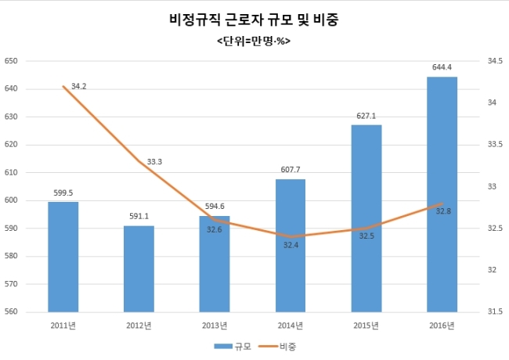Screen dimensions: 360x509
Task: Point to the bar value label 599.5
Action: (x=63, y=193)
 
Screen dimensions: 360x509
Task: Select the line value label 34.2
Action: (x=78, y=86)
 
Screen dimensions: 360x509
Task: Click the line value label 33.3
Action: (x=154, y=162)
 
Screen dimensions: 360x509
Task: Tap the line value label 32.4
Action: (x=291, y=246)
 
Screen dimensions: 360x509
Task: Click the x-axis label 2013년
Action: (x=215, y=325)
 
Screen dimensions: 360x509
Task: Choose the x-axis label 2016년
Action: (x=442, y=325)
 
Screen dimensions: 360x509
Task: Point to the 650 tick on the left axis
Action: (x=12, y=61)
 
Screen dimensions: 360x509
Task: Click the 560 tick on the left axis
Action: (x=12, y=312)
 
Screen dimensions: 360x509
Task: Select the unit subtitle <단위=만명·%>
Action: (x=254, y=40)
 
